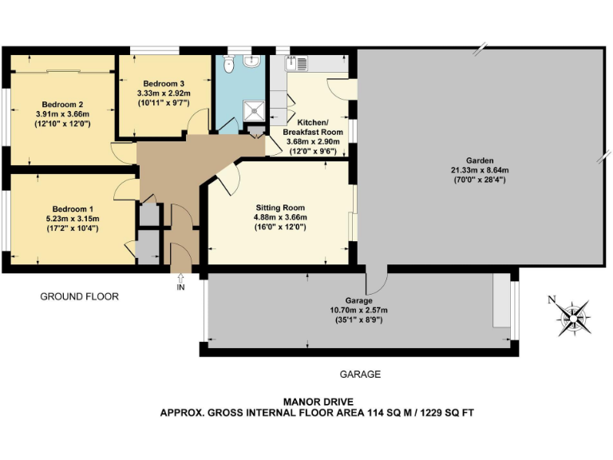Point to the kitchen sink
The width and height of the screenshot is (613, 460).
click(x=301, y=61)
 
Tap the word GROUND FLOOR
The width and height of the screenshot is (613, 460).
click(x=79, y=296)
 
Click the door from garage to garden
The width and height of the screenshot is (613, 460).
click(x=377, y=280)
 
